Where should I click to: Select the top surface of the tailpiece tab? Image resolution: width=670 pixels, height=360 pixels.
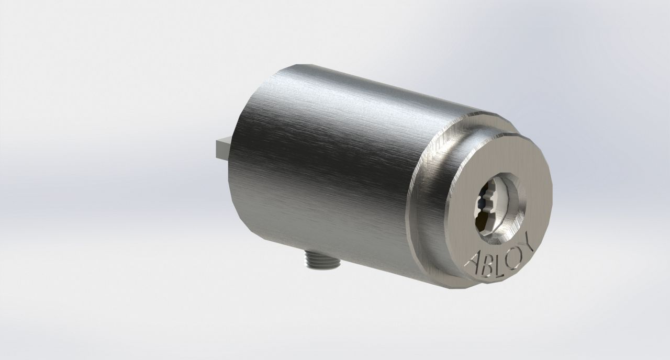point(222,141)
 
